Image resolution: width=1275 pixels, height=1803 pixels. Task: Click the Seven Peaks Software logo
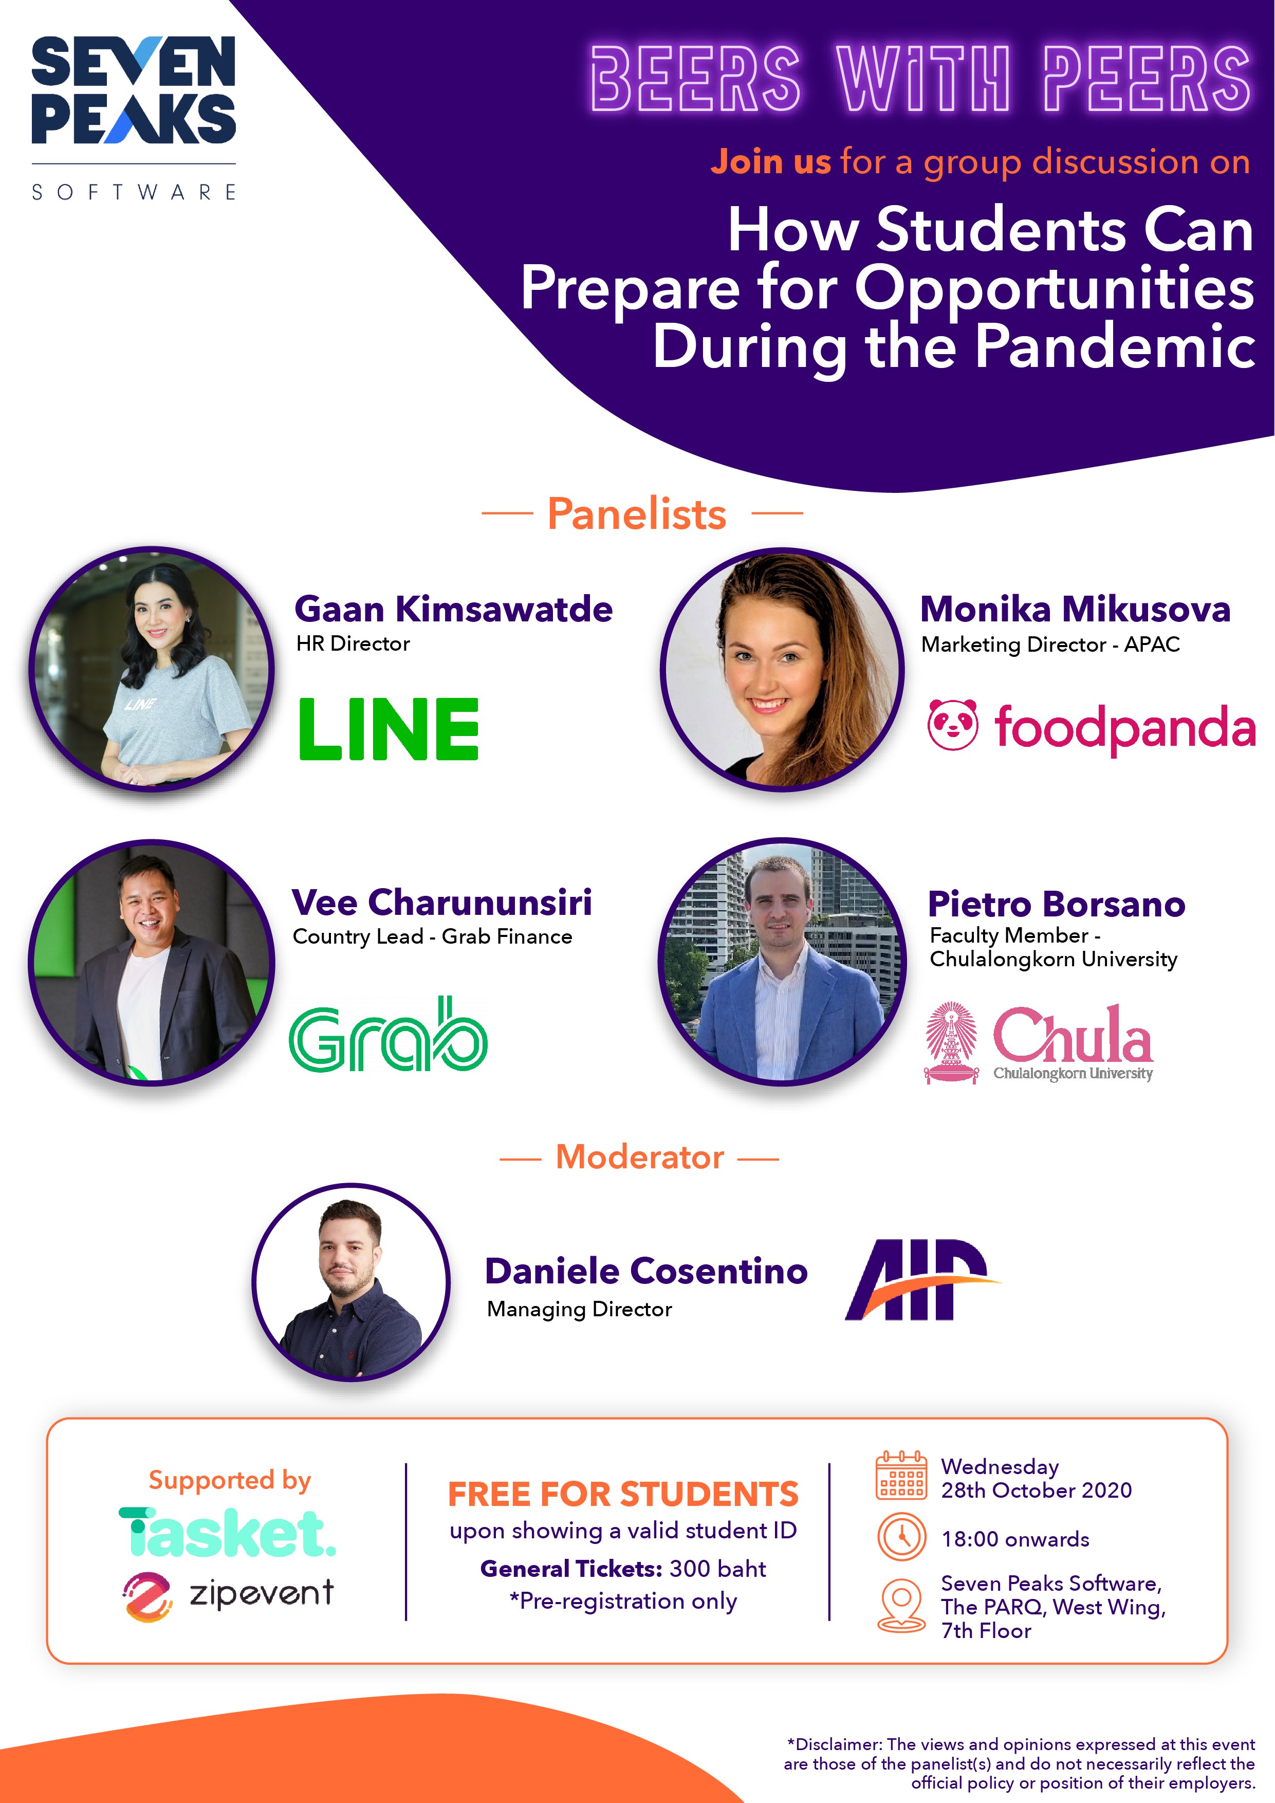coord(134,118)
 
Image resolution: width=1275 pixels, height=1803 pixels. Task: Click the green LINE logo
coord(389,729)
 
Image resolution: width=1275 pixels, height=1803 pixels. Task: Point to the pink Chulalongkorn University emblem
coord(952,1043)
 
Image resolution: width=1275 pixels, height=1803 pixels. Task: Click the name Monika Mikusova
coord(1075,610)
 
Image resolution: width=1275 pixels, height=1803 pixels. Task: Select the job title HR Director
coord(353,644)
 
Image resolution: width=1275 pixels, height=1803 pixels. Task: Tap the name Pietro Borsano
coord(1057,905)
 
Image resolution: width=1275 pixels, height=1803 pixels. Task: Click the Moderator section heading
coord(640,1157)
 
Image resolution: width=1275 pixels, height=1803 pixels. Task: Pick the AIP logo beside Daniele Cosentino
coord(922,1279)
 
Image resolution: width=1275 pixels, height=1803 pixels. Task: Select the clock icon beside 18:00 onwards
coord(902,1536)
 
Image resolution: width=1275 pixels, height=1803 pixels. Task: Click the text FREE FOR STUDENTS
coord(623,1495)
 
